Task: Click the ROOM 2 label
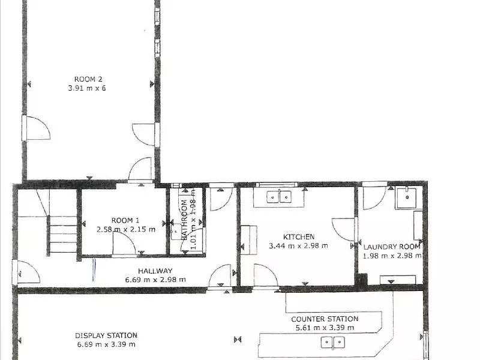(89, 79)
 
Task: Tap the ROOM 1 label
(125, 220)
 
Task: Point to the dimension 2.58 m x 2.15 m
(125, 229)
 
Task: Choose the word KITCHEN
(299, 236)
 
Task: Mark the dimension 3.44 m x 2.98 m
(299, 245)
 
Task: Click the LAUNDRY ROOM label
(392, 246)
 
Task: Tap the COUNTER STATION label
(325, 319)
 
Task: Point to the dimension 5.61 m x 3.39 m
(325, 328)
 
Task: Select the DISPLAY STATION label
(106, 335)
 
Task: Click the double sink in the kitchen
(279, 196)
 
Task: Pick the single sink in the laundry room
(406, 197)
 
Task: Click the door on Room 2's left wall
(35, 128)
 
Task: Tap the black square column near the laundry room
(361, 279)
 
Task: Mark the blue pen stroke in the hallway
(94, 268)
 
